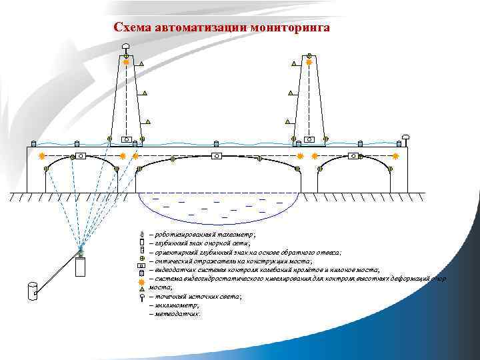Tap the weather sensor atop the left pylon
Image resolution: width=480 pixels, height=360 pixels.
[126, 46]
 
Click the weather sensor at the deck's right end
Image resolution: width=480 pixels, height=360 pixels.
[405, 138]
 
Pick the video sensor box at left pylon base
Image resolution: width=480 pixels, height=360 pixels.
[125, 139]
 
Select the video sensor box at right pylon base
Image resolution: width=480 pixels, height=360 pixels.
[309, 139]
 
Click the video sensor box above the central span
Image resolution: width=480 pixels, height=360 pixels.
[216, 155]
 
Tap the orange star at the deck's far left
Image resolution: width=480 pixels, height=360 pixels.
[42, 155]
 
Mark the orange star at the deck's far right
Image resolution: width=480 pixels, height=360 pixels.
[395, 155]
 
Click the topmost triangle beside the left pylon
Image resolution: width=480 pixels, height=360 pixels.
[142, 65]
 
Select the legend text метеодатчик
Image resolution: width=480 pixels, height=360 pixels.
[177, 313]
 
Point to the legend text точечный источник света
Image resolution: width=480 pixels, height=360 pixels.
[197, 295]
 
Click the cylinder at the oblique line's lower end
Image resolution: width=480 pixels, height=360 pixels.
[31, 291]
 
